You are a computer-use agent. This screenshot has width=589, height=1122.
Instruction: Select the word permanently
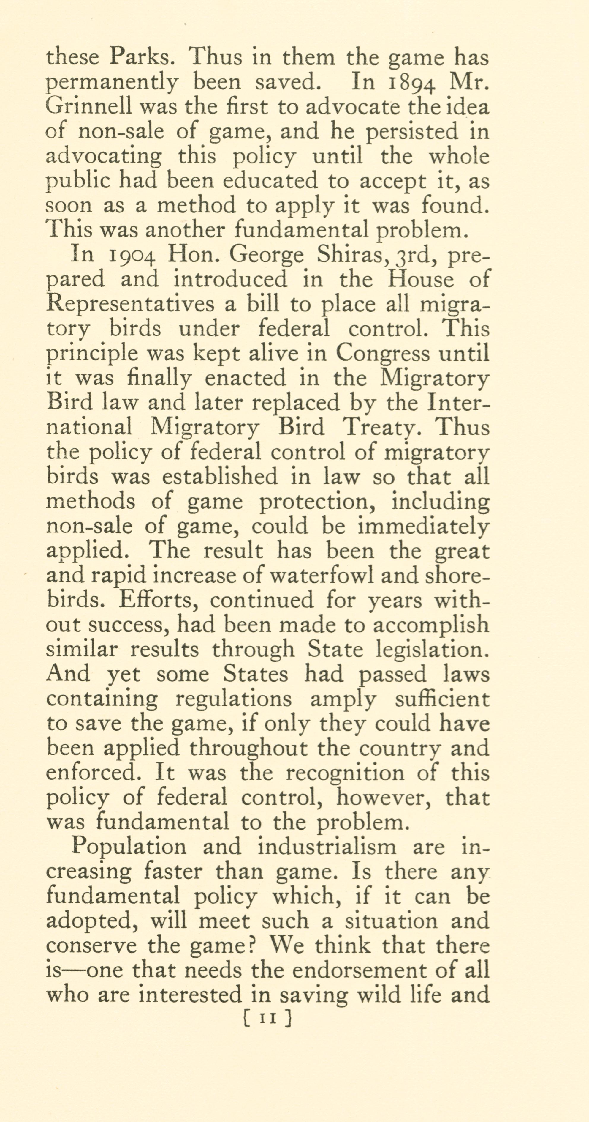click(111, 83)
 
